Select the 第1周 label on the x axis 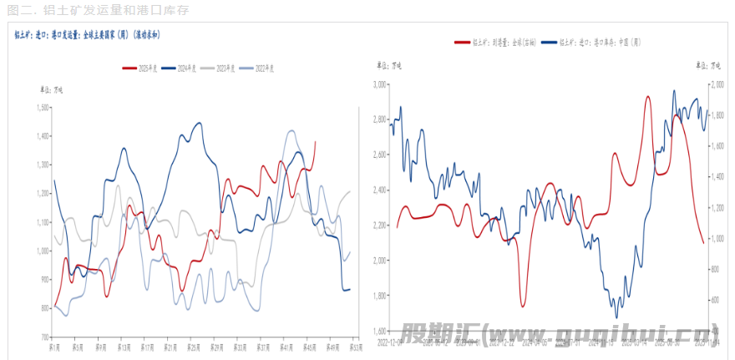pyautogui.click(x=53, y=346)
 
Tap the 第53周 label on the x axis pyautogui.click(x=355, y=346)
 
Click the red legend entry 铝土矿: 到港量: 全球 pyautogui.click(x=493, y=41)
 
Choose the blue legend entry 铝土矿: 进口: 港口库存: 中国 pyautogui.click(x=597, y=41)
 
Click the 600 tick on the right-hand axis pyautogui.click(x=717, y=300)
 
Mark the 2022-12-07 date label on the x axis pyautogui.click(x=389, y=341)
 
